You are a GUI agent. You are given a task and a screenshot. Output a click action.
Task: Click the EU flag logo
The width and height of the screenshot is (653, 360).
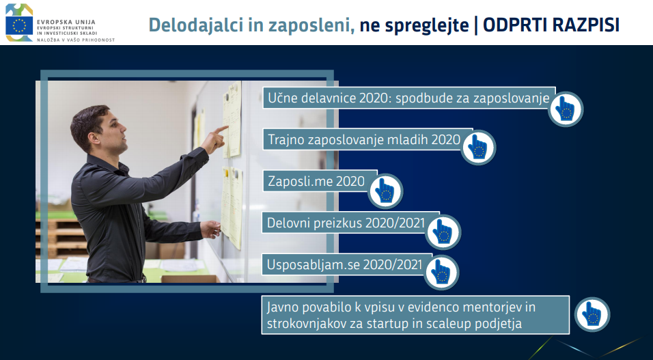point(19,25)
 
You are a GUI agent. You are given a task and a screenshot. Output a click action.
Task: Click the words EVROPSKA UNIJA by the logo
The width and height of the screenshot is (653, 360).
point(66,22)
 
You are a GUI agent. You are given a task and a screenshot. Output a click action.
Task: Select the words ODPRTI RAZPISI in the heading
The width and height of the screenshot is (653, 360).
point(551,25)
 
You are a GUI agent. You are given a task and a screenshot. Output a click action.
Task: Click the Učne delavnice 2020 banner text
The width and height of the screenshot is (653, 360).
point(408,98)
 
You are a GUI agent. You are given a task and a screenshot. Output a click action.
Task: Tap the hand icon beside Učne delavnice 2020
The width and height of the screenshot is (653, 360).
point(566,109)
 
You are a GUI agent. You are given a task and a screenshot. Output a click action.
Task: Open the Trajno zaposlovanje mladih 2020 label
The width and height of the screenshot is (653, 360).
point(364,139)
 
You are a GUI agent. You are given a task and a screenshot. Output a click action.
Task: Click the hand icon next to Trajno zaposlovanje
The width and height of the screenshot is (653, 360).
point(478,147)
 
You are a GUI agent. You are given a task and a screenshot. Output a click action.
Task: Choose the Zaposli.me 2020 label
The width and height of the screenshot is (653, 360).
point(316,181)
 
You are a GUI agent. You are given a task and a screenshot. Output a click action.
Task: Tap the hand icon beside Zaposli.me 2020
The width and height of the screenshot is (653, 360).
point(385,191)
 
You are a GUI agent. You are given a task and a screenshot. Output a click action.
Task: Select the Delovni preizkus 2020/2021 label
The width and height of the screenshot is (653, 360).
point(346,223)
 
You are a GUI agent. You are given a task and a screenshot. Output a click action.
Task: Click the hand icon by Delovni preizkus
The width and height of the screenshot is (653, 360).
point(443,232)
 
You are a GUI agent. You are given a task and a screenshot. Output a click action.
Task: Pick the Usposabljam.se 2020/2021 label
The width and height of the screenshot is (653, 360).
point(344,264)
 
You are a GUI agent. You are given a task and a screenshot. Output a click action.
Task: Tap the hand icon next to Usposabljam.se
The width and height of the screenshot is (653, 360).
point(441,272)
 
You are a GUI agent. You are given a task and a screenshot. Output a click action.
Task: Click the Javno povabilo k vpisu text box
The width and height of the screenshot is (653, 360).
point(415,315)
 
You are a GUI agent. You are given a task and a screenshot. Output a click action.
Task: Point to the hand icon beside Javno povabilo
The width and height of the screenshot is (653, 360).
point(592,314)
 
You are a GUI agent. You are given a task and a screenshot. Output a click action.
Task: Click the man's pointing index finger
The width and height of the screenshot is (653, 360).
point(221,129)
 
